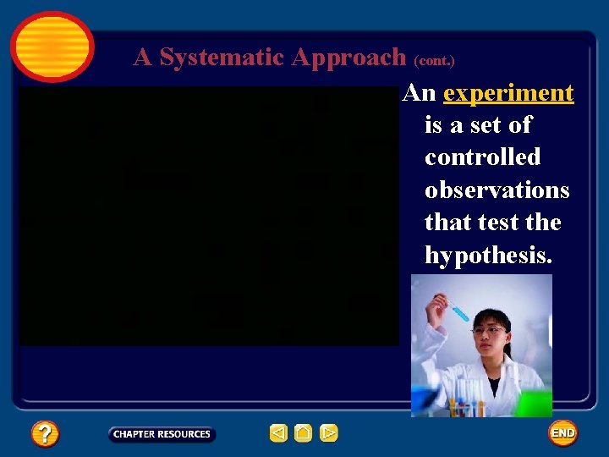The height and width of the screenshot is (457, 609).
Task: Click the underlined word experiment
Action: click(x=508, y=93)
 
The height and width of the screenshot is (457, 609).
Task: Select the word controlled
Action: click(x=482, y=157)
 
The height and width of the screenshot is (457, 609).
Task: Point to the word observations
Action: click(x=497, y=190)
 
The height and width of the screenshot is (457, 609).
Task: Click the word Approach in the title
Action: click(x=349, y=57)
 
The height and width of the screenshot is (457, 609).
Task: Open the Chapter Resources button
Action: click(x=162, y=434)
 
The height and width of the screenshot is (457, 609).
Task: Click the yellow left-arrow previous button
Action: click(x=278, y=433)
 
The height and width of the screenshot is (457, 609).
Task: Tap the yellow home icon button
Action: click(x=304, y=433)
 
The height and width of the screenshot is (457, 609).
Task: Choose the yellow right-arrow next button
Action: click(x=329, y=433)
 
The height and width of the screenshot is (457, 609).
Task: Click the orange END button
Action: click(x=562, y=433)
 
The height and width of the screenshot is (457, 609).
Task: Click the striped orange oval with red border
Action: click(x=52, y=47)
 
